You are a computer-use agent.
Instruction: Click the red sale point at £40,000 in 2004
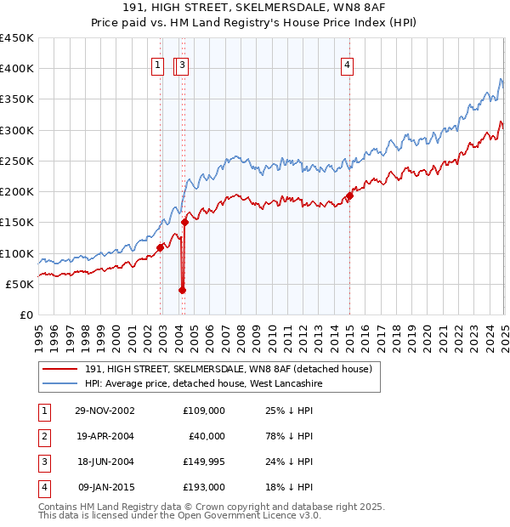point(182,290)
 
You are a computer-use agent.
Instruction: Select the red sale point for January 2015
point(349,196)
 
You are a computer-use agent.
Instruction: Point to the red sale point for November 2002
point(160,248)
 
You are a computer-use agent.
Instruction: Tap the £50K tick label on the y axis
point(20,284)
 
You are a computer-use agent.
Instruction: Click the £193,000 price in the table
point(204,487)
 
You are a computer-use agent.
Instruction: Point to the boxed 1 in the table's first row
point(43,411)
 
